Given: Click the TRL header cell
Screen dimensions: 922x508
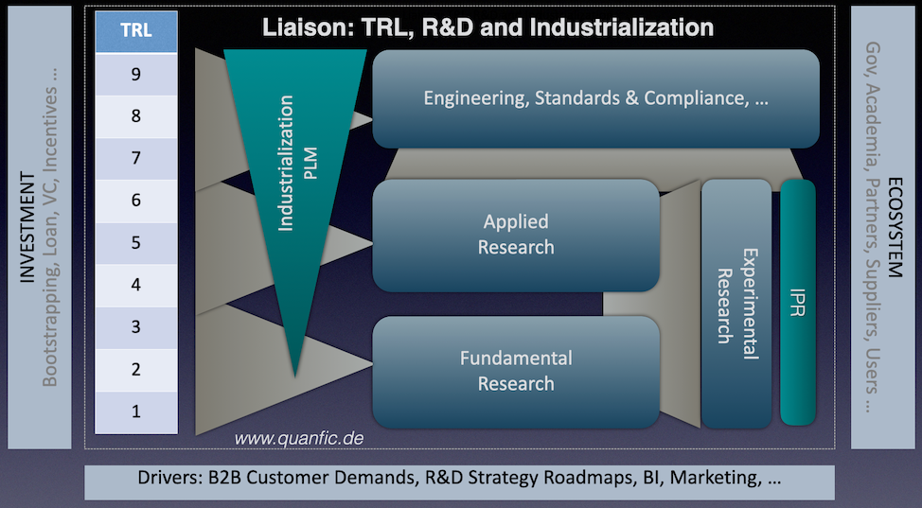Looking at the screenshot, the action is pos(135,31).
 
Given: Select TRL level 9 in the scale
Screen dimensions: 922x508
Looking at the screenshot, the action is pos(135,74).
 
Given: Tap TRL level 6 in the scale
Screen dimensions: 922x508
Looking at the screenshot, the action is pos(135,201).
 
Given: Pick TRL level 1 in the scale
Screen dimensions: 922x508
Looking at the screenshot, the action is pos(135,412).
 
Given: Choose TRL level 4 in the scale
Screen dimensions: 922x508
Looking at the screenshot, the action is pos(135,285).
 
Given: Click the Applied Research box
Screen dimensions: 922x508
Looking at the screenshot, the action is pos(516,236).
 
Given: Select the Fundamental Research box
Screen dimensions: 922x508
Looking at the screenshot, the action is pos(516,372).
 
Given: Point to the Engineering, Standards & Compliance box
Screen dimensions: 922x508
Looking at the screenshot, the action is pos(595,98).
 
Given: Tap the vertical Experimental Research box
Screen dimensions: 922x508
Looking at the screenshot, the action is pos(736,304).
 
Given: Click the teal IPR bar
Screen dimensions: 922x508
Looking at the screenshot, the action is pos(798,302).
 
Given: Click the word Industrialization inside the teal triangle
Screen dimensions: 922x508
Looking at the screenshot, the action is pos(285,163).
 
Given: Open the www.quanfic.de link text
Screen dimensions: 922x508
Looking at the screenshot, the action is pos(299,439).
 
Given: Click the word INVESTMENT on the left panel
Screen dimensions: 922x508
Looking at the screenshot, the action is pos(27,227).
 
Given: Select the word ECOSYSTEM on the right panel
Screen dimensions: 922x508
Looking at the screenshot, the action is pos(895,227).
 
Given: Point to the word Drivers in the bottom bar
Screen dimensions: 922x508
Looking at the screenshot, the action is pos(170,478).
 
